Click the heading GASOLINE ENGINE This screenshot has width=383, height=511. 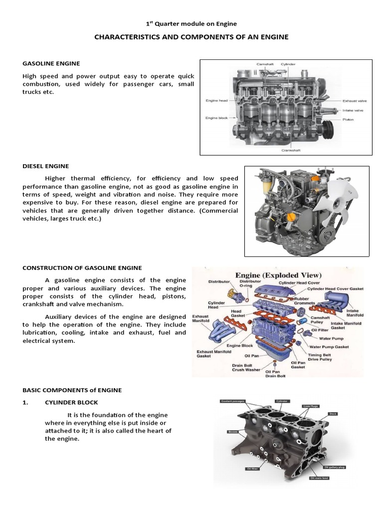(x=51, y=63)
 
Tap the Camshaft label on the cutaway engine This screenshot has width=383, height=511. (x=265, y=64)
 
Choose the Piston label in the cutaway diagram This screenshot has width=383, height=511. (x=349, y=120)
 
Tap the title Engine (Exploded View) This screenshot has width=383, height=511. (x=278, y=275)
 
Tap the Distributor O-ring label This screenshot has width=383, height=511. (x=250, y=284)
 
